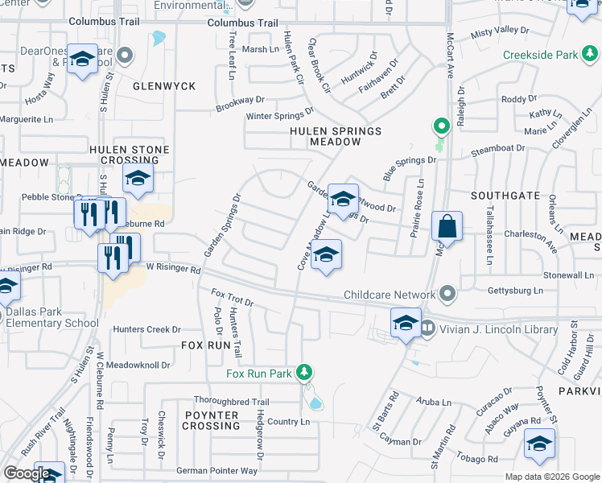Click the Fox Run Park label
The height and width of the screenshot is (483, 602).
(258, 374)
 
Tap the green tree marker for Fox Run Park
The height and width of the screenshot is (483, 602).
(304, 372)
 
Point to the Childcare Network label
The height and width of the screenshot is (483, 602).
(390, 295)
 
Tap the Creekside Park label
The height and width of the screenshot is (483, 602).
(540, 55)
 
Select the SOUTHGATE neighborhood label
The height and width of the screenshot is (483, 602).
(505, 196)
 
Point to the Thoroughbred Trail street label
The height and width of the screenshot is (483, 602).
(231, 402)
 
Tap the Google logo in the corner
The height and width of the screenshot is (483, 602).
(27, 473)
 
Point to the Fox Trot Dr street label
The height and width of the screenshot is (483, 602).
(233, 298)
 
